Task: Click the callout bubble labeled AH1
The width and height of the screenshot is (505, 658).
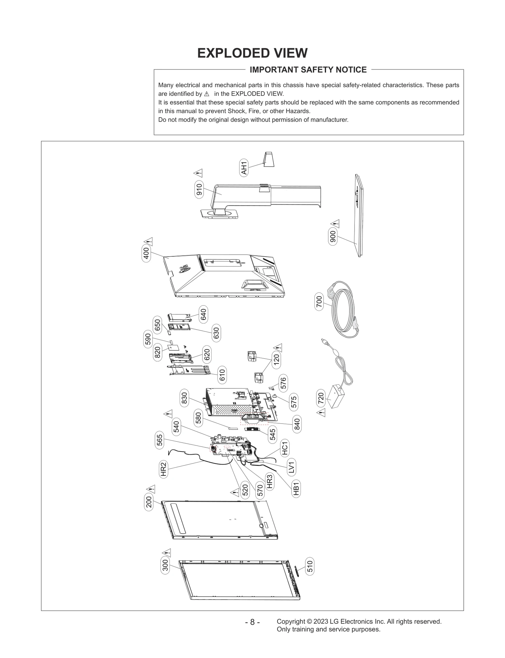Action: (x=244, y=167)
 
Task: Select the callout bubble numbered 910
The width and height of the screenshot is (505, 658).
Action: (x=199, y=189)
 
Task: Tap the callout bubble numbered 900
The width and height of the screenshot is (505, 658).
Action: (x=333, y=237)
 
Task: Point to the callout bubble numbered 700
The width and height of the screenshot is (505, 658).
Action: (x=319, y=302)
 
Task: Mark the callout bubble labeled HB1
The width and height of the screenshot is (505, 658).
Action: (x=296, y=489)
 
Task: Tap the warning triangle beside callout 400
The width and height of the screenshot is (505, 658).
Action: (x=149, y=242)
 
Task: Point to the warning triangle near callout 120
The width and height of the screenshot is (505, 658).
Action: (x=277, y=348)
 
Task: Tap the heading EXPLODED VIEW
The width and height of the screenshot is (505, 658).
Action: (x=252, y=53)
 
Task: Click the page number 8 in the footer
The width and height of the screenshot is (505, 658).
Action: (x=252, y=622)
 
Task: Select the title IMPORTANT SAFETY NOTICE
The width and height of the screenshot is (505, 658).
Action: (x=308, y=70)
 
